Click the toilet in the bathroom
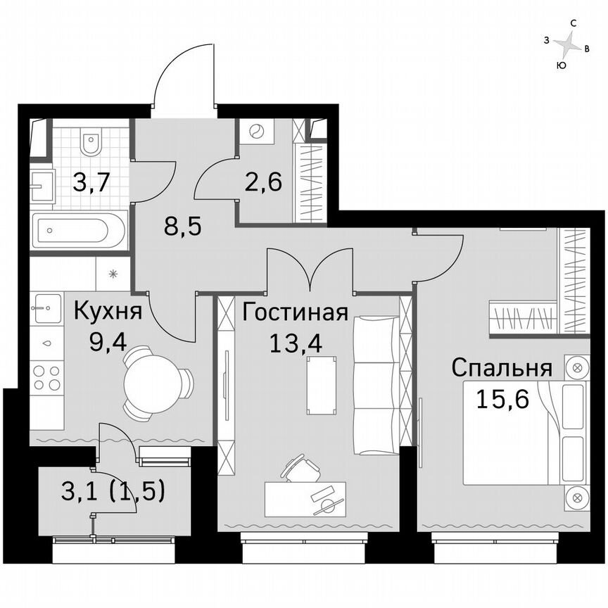pyautogui.click(x=90, y=144)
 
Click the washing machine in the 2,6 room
pyautogui.click(x=255, y=132)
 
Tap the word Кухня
pyautogui.click(x=108, y=310)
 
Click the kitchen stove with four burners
pyautogui.click(x=46, y=378)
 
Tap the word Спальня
pyautogui.click(x=500, y=367)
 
